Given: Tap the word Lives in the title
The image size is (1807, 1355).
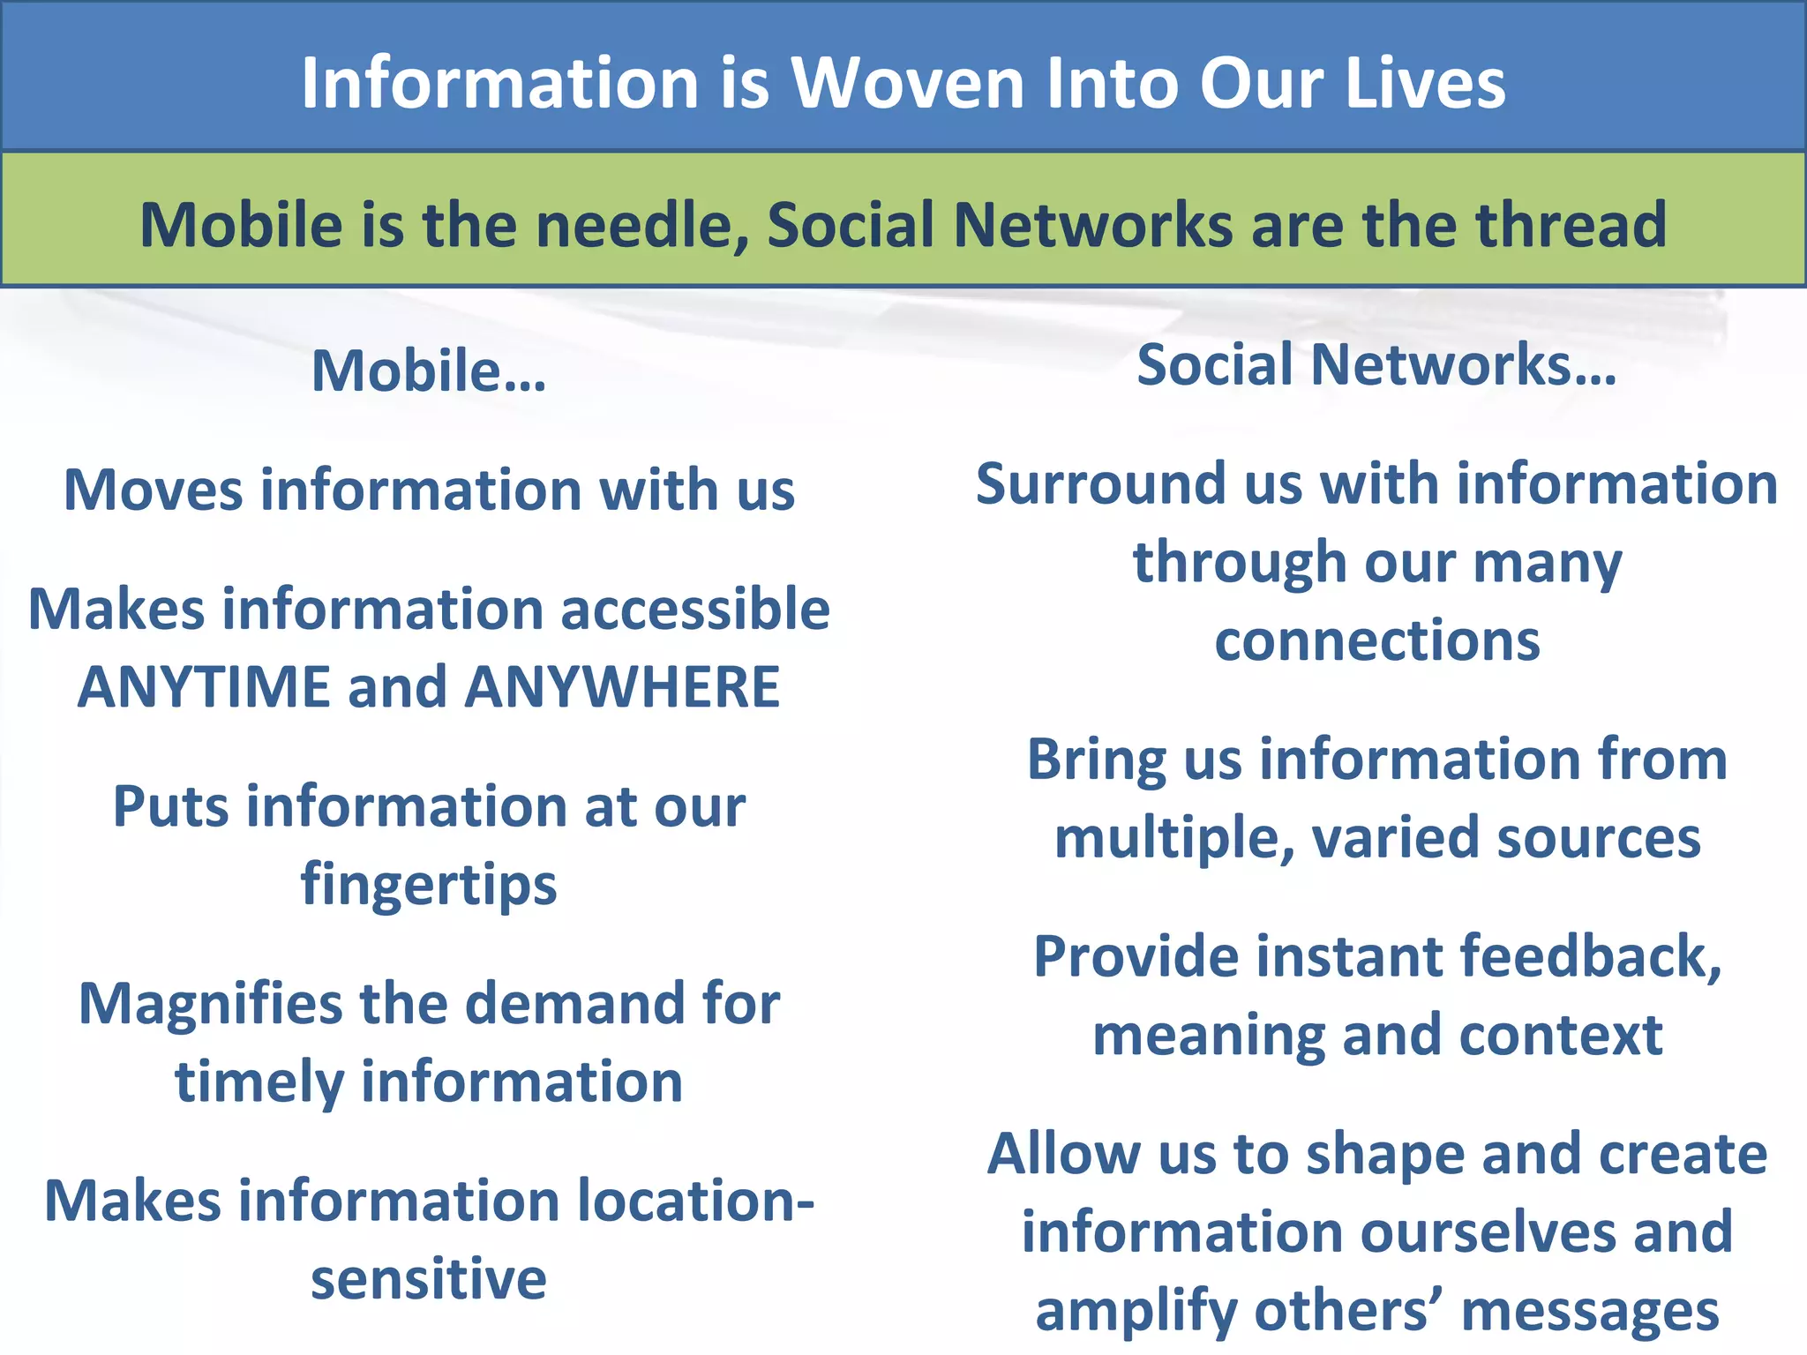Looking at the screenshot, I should tap(1425, 84).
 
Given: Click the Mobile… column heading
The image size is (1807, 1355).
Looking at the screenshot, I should tap(429, 371).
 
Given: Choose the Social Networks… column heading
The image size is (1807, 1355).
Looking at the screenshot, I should tap(1376, 364).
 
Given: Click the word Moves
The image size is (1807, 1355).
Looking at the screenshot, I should tap(152, 490).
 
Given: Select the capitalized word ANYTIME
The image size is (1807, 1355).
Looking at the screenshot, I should tap(204, 687).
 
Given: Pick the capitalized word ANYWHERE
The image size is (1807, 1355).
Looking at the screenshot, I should tap(622, 687).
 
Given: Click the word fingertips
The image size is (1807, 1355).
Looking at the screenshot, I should tap(429, 885).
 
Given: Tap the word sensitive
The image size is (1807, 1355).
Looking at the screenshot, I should tap(429, 1279).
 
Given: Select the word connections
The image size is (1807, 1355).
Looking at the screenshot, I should tap(1377, 640).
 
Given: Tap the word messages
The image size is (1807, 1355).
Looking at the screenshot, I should tap(1590, 1312).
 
